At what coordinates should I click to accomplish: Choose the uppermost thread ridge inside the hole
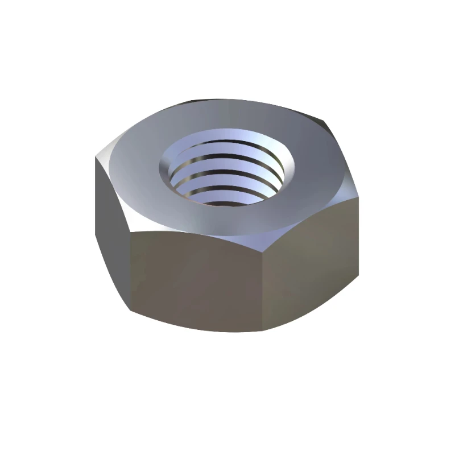(x=227, y=149)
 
